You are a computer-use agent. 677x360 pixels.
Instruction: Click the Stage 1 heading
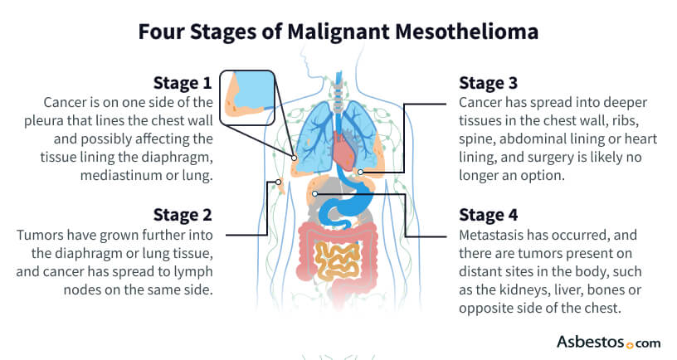click(x=183, y=83)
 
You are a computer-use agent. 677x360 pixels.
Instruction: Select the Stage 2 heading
click(x=183, y=215)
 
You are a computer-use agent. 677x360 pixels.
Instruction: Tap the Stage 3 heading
click(x=488, y=83)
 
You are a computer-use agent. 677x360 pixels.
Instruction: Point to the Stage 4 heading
click(x=489, y=215)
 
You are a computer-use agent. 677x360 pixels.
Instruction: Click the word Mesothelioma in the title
click(x=466, y=32)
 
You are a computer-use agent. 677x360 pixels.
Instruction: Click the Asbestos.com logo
click(x=608, y=343)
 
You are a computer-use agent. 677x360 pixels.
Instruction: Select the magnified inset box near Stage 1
click(x=247, y=98)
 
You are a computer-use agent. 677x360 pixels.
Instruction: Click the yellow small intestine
click(x=337, y=261)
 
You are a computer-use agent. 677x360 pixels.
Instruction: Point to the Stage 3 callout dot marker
click(x=361, y=173)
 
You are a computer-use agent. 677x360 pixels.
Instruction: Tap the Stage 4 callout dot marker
click(x=315, y=194)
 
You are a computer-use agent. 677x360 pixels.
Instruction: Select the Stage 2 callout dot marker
click(x=279, y=182)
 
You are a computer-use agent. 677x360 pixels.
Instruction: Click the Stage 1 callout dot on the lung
click(x=294, y=158)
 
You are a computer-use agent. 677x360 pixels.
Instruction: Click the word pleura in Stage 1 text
click(x=43, y=121)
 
